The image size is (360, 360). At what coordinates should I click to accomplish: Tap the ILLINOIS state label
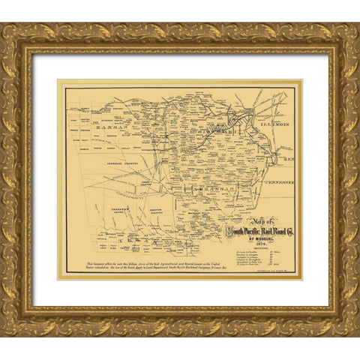273,117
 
